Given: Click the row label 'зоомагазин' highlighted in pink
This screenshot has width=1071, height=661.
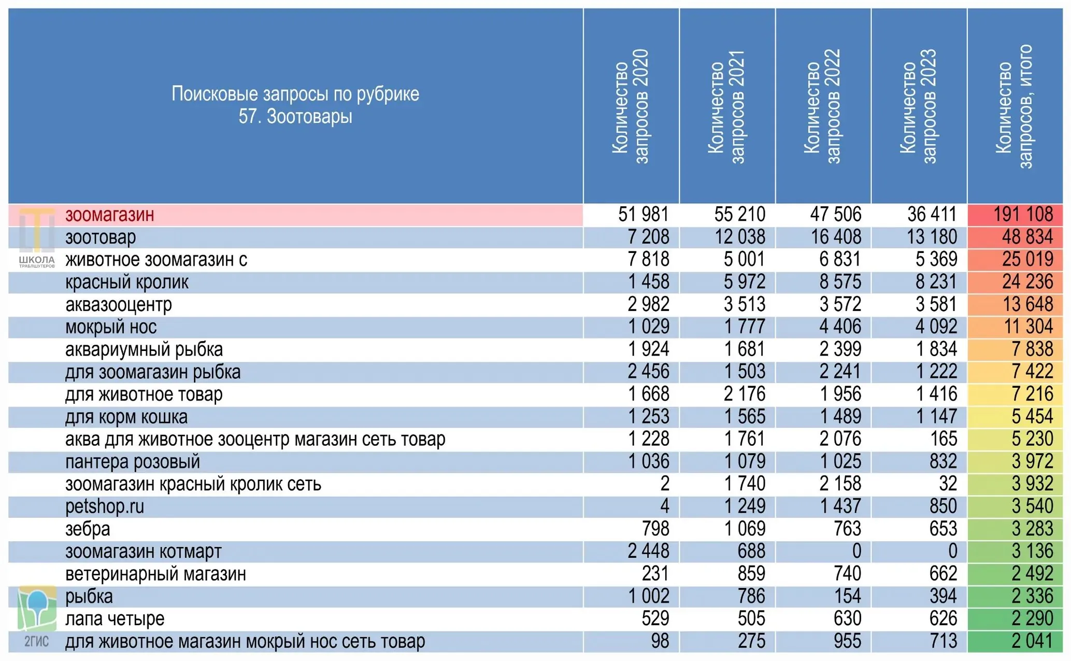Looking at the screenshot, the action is (x=109, y=215).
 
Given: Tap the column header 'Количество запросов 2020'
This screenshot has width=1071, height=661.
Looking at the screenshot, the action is (x=630, y=106).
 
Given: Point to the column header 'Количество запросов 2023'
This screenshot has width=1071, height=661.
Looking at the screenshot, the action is (x=918, y=106).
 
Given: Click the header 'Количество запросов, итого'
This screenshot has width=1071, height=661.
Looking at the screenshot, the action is (x=1014, y=106).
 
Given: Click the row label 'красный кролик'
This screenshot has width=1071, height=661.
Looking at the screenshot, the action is (x=127, y=282).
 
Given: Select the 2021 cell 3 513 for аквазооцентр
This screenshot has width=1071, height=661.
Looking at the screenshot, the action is (x=745, y=304).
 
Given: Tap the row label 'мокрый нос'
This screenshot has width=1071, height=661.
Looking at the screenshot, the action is (x=111, y=327).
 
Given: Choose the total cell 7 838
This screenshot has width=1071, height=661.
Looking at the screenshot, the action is (x=1032, y=349).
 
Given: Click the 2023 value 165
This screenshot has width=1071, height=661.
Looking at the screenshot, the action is (x=944, y=439).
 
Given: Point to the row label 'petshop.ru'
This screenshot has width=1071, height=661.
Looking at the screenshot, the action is (x=105, y=507).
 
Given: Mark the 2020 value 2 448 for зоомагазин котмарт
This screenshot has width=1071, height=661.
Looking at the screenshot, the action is (x=648, y=551).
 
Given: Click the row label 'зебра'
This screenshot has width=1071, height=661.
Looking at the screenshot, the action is (x=88, y=529).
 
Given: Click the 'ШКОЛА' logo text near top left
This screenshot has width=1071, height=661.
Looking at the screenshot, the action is (x=37, y=259).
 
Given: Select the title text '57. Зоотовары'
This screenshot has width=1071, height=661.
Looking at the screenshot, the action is (x=295, y=117).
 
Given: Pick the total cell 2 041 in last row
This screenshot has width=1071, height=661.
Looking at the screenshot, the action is (x=1032, y=641).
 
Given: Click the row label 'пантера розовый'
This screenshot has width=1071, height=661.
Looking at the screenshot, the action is (x=133, y=461).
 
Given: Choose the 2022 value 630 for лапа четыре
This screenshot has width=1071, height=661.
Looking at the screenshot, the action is (x=848, y=618).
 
